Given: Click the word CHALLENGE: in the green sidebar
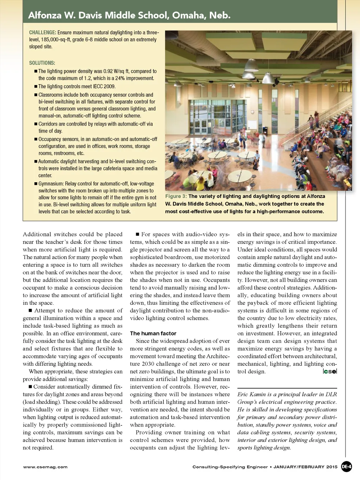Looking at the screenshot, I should pyautogui.click(x=43, y=32).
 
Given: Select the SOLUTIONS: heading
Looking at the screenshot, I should pyautogui.click(x=42, y=63).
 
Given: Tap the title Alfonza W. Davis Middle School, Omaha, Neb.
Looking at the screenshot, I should pyautogui.click(x=129, y=15).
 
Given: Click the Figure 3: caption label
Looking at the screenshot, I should pyautogui.click(x=176, y=196).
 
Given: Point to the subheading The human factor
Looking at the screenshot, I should pyautogui.click(x=153, y=333).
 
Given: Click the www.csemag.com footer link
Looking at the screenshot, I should pyautogui.click(x=45, y=467).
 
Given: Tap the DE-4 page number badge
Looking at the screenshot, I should pyautogui.click(x=346, y=467).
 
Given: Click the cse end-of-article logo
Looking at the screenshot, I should pyautogui.click(x=330, y=371).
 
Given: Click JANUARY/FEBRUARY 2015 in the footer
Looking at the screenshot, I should pyautogui.click(x=305, y=467).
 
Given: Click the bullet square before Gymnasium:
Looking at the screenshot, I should pyautogui.click(x=36, y=184).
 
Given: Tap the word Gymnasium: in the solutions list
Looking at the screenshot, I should pyautogui.click(x=51, y=184).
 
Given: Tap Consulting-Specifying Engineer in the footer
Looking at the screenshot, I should pyautogui.click(x=230, y=467).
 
